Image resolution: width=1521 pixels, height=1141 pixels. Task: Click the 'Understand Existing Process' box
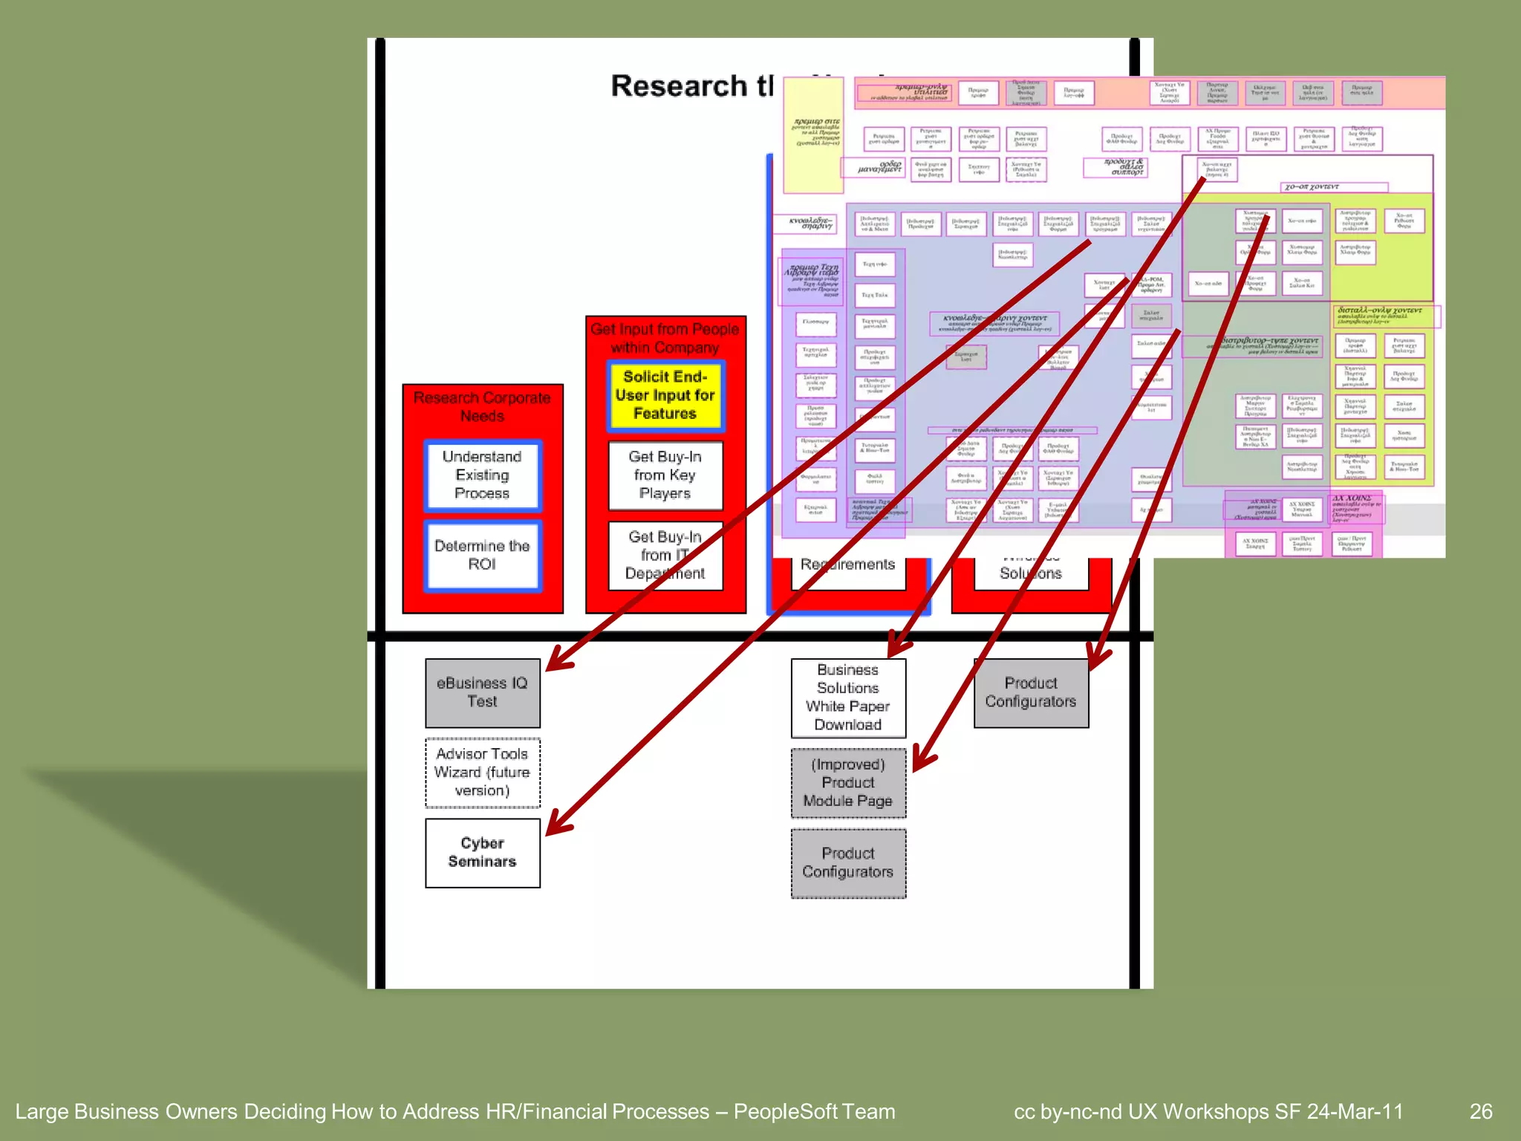point(482,475)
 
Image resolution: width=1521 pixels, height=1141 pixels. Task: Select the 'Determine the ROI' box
point(482,555)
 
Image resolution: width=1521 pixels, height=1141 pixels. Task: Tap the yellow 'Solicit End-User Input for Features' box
point(665,396)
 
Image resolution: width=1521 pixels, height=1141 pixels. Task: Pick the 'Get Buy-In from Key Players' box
point(665,475)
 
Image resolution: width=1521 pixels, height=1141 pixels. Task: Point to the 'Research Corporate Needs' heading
point(482,406)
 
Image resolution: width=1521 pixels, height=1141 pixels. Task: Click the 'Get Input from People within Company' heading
point(665,338)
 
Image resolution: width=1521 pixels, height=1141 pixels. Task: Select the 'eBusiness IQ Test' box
point(482,692)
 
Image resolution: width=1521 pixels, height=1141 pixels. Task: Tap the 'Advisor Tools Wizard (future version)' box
point(482,773)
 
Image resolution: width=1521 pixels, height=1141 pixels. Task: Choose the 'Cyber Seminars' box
point(482,853)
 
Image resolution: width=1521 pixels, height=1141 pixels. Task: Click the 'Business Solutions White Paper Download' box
point(847,698)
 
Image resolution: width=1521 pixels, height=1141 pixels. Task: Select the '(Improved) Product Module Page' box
point(847,783)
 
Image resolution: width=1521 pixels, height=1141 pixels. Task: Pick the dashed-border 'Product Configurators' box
point(847,863)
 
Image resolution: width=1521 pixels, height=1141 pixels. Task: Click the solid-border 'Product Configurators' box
point(1030,692)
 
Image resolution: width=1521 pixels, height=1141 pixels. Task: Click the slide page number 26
point(1480,1111)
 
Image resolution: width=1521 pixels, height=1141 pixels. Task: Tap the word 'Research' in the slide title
point(678,86)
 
